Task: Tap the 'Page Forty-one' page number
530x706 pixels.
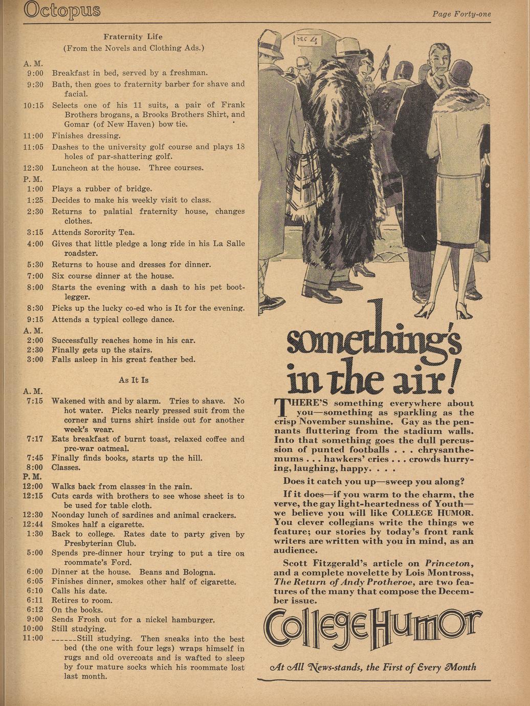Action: (461, 14)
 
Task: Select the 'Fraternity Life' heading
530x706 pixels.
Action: (133, 37)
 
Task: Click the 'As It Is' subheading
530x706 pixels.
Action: (134, 380)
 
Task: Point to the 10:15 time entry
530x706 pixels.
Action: (34, 105)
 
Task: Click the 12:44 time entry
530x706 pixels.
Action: (33, 524)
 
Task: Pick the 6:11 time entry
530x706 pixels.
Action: (35, 601)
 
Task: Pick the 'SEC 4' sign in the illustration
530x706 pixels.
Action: (306, 39)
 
